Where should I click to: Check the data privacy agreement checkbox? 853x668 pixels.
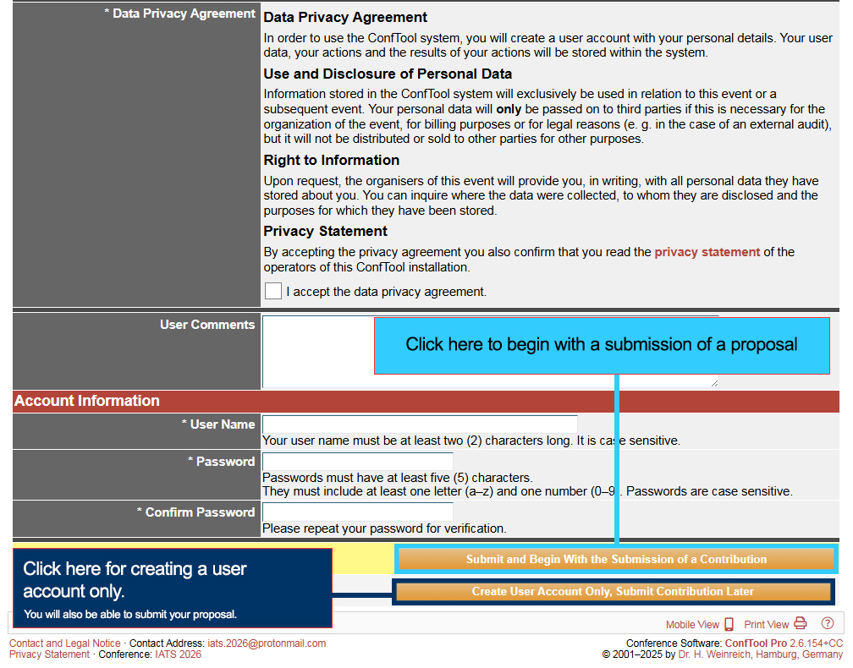pos(273,291)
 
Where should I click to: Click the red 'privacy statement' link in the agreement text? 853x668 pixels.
pos(707,252)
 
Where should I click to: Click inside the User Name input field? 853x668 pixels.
pos(420,424)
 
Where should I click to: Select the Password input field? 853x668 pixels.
pos(358,462)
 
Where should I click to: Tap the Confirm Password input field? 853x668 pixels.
pos(358,512)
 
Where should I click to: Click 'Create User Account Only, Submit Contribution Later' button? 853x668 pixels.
pos(613,592)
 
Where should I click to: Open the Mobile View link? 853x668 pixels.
pos(692,625)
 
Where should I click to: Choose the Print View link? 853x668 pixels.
pos(767,625)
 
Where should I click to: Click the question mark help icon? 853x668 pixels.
pos(828,624)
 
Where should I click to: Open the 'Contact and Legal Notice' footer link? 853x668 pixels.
pos(64,643)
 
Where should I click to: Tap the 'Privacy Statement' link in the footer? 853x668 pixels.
pos(49,654)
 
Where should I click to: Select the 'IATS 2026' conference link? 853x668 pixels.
pos(177,654)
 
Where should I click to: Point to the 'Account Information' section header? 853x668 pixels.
pos(87,401)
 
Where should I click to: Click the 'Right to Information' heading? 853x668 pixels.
pos(331,161)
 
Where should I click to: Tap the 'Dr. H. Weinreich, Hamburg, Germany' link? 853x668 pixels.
pos(761,654)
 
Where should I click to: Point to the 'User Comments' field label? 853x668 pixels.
pos(207,325)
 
